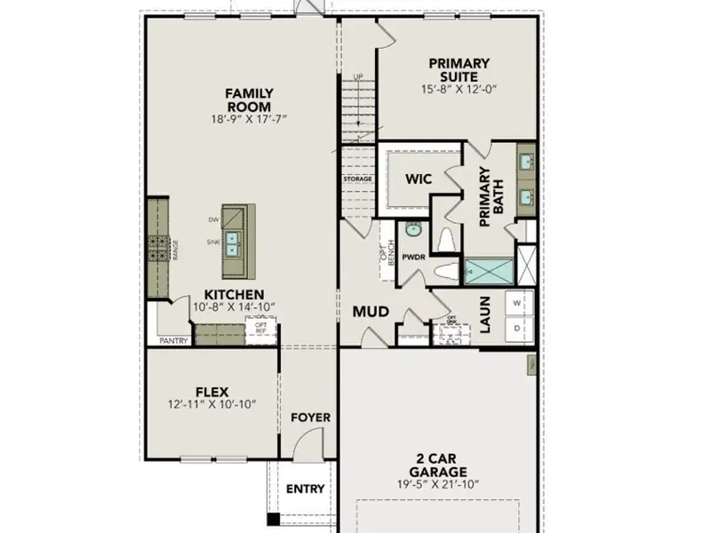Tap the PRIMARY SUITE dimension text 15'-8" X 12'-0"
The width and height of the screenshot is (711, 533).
point(459,89)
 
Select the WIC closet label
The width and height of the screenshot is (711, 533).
point(419,179)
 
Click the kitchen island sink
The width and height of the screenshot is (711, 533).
point(236,239)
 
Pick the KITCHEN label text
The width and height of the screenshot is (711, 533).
point(234,294)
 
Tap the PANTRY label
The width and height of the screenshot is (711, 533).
point(174,340)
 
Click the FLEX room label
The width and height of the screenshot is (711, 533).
point(212,391)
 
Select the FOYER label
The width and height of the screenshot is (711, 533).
point(309,417)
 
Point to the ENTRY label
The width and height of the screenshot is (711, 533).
point(305,489)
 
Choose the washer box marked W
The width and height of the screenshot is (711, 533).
point(518,302)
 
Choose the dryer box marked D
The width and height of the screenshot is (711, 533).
point(518,329)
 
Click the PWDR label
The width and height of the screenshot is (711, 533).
point(414,257)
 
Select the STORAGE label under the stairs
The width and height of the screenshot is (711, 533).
point(357,179)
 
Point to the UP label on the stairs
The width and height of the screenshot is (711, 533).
point(358,76)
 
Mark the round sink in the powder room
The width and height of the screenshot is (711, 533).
point(412,229)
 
